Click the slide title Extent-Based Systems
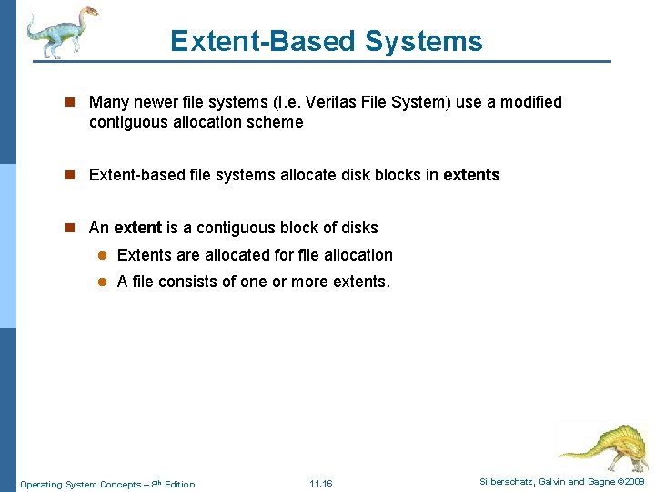click(x=326, y=41)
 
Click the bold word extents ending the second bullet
click(x=471, y=175)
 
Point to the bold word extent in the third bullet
click(x=137, y=228)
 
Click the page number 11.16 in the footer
click(x=321, y=483)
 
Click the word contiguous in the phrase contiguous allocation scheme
click(x=129, y=122)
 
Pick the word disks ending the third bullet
click(x=358, y=228)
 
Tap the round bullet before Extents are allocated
click(x=103, y=256)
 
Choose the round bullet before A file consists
click(x=103, y=282)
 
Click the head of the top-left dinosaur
click(x=86, y=14)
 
